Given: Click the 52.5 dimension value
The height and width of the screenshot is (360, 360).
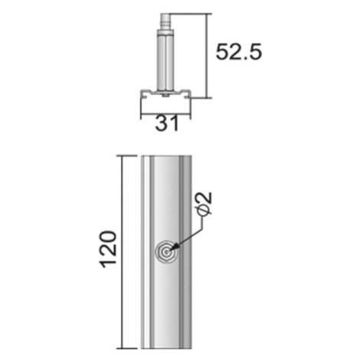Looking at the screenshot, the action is click(x=239, y=52).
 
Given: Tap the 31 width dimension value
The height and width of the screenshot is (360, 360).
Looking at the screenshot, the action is click(x=167, y=123).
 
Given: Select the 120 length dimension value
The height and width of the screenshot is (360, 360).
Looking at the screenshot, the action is click(x=109, y=249).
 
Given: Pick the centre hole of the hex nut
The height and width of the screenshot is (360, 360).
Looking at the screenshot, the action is click(x=166, y=252).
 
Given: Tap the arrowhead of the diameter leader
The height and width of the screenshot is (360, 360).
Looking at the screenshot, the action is click(x=174, y=247).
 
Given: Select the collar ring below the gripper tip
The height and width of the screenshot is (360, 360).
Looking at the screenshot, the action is click(x=165, y=33).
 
